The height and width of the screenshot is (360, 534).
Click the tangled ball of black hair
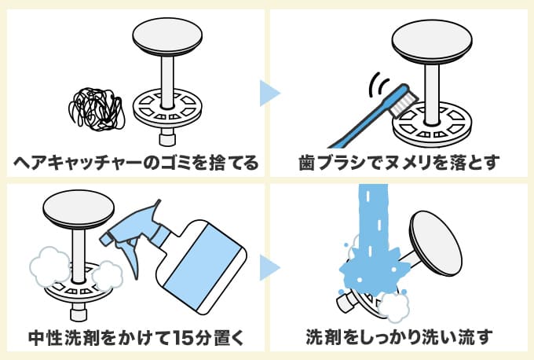97,109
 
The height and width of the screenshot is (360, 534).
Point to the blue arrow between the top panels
269,93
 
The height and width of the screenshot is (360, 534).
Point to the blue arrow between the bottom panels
269,267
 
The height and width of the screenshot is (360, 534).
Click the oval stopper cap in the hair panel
167,37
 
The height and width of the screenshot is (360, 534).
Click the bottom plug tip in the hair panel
166,139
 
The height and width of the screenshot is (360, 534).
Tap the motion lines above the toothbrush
381,84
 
